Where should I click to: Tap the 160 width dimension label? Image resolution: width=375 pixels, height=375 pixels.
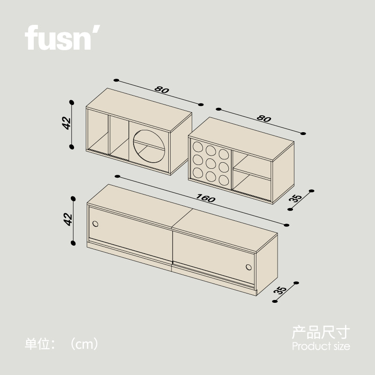(206, 199)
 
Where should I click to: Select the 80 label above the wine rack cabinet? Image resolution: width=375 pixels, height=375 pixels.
(264, 119)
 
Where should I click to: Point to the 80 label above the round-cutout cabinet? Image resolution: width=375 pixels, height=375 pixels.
(161, 90)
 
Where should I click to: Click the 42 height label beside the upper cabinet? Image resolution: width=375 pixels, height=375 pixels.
(67, 123)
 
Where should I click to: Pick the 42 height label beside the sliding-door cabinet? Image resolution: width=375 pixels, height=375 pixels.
(68, 219)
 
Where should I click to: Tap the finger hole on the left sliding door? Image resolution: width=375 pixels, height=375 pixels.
(96, 224)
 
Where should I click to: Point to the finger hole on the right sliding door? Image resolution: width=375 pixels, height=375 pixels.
(248, 268)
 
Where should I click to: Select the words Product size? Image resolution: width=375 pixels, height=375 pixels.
(321, 347)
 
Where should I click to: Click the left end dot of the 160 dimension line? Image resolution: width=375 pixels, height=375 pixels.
(117, 177)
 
